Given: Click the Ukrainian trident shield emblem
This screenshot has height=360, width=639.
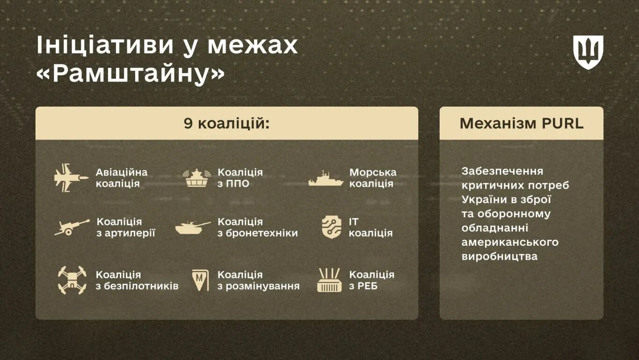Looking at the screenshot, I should (588, 52).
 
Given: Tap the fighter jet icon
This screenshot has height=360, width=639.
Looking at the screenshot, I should (70, 177).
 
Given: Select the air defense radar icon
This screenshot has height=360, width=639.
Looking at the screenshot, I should (196, 178).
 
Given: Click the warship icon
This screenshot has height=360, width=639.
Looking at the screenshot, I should (326, 178).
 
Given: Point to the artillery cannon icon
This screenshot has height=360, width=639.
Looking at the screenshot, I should (72, 227).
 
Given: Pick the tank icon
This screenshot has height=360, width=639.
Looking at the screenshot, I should (193, 228).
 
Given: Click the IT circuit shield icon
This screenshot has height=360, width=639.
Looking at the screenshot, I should (331, 227).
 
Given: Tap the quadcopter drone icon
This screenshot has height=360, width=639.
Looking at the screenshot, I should (72, 280).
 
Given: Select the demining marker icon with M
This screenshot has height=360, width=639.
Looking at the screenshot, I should (200, 280).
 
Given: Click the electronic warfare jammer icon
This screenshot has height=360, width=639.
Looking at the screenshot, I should (329, 280).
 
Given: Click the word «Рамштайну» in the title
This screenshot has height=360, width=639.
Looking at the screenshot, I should (131, 74).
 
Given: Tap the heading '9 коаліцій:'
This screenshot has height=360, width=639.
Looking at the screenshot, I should (226, 124).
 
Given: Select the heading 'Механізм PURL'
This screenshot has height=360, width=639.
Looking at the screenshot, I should (521, 124).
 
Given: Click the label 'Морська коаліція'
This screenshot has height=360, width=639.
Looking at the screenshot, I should (372, 178).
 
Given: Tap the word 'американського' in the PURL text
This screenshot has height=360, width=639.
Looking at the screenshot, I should (510, 242).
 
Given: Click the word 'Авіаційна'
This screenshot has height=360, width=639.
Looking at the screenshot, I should (122, 172).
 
